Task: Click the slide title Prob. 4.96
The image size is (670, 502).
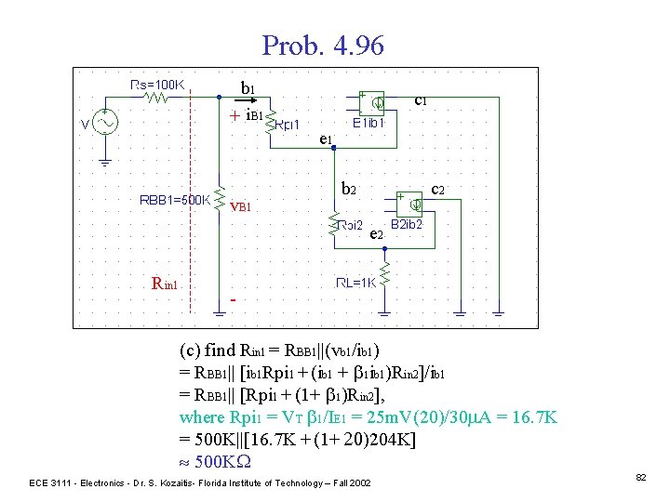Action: pos(323,45)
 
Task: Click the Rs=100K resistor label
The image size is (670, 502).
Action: pos(158,84)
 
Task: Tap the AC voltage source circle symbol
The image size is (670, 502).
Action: pos(102,123)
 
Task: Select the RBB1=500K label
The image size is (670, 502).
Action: pos(174,198)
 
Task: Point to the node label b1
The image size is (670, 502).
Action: pos(248,88)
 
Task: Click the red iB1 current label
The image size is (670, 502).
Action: pos(254,116)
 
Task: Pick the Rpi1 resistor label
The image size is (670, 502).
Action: pos(288,125)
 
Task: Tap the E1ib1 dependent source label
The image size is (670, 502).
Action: pos(374,122)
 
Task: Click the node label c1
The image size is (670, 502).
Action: pos(421,98)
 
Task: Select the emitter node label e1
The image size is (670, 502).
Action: pos(326,140)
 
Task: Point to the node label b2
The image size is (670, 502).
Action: pos(349,189)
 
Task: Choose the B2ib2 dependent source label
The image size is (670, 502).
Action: pos(407,224)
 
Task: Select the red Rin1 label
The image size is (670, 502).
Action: pos(170,284)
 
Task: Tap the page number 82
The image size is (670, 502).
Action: pos(641,476)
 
